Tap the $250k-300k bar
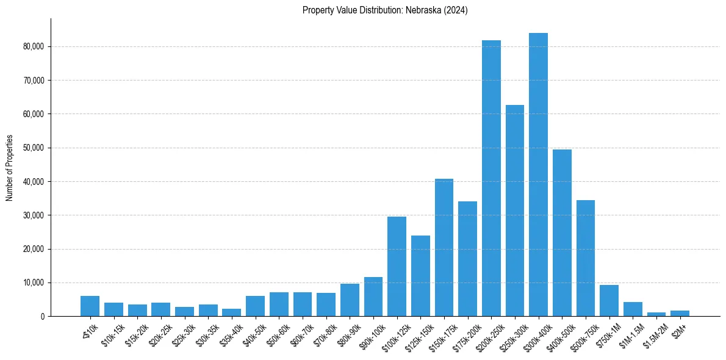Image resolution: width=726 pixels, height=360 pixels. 515,211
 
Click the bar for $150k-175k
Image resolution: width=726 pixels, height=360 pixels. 444,247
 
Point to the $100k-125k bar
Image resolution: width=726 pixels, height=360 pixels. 397,266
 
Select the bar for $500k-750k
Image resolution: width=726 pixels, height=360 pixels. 586,258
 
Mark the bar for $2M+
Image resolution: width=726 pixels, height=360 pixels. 680,313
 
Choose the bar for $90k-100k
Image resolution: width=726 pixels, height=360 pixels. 373,297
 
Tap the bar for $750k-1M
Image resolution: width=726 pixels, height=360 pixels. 609,300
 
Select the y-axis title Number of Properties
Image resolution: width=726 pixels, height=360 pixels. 9,168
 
